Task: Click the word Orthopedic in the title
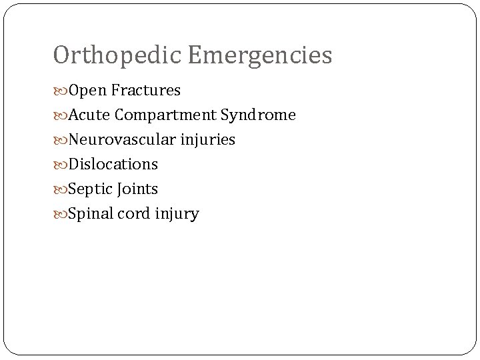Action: pos(117,56)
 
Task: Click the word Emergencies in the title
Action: pos(259,56)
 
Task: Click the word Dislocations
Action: pos(113,164)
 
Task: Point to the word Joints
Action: pos(138,189)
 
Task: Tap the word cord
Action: pos(135,214)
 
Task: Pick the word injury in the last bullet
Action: pos(176,214)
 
